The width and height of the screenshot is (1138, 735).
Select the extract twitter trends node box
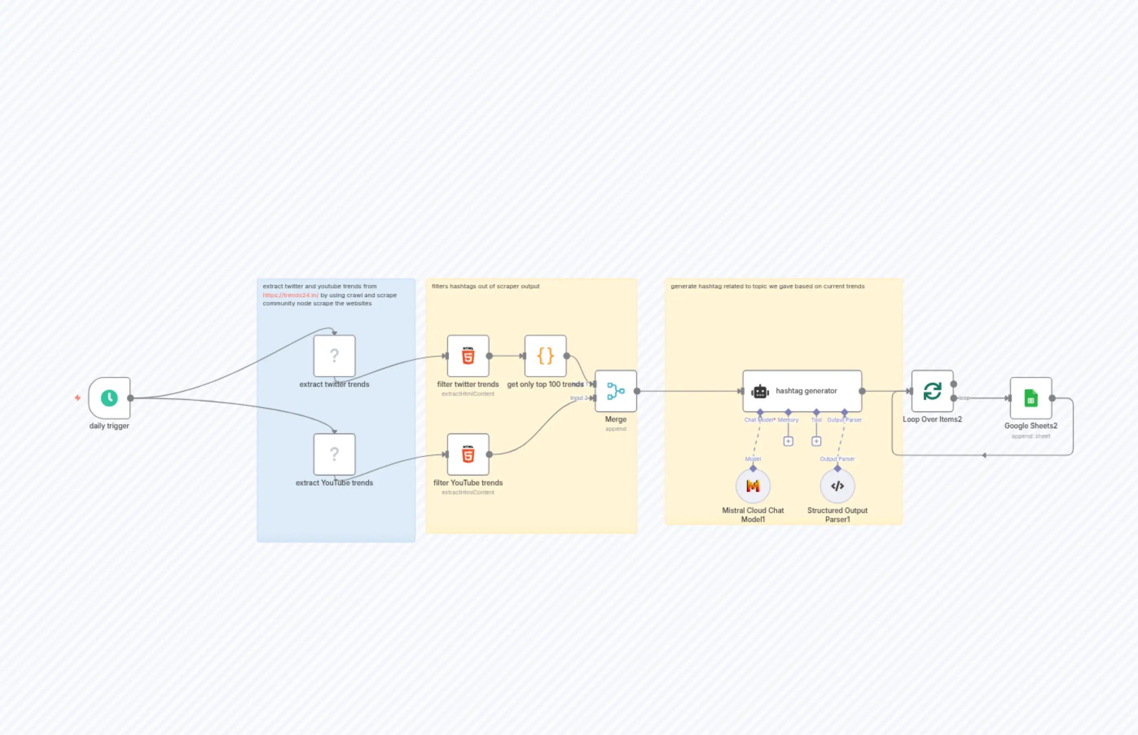[334, 355]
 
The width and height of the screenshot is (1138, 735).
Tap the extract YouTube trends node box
[334, 454]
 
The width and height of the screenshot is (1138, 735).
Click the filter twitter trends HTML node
[468, 355]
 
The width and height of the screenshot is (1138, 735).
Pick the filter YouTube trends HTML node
[468, 454]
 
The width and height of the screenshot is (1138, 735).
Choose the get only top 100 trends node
[545, 355]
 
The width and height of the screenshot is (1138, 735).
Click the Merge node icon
[615, 391]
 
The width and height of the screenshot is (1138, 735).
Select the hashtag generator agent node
[802, 391]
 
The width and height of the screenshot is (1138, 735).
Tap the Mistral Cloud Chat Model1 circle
[753, 486]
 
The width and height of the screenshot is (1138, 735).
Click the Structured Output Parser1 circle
[837, 486]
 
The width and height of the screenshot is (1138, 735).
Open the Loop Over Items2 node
[932, 391]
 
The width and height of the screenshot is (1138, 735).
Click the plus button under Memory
[788, 441]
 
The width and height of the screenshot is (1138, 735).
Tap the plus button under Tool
[816, 441]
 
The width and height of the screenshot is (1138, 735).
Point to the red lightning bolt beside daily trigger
[77, 397]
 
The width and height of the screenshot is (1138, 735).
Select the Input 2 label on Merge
[578, 398]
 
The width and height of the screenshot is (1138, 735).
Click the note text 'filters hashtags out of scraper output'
[486, 286]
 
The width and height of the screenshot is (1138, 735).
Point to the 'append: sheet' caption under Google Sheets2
[1030, 436]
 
